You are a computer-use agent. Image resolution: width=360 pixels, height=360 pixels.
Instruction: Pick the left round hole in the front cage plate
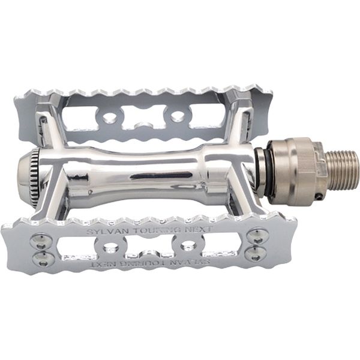point(110,247)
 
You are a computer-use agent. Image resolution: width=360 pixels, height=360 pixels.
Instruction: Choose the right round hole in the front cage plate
point(188,246)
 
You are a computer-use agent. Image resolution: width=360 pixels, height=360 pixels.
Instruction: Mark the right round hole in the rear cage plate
point(178,116)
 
